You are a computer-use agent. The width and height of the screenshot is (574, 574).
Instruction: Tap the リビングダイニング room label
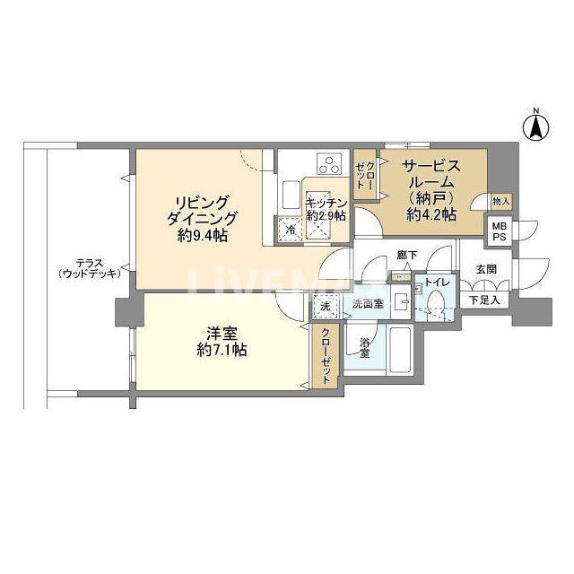click(202, 210)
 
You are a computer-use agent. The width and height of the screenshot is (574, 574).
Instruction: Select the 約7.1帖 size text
click(222, 350)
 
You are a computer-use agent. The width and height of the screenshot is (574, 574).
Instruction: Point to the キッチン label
click(326, 203)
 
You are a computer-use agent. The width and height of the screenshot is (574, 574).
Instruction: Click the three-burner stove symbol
click(329, 163)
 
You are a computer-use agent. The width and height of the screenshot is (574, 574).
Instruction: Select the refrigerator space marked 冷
click(290, 230)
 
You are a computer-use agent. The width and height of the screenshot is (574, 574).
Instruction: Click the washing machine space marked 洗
click(326, 306)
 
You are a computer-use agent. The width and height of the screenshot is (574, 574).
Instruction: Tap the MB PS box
click(499, 231)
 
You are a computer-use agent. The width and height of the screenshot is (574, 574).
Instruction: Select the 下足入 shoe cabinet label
click(484, 300)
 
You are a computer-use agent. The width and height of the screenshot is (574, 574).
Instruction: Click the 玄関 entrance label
click(486, 269)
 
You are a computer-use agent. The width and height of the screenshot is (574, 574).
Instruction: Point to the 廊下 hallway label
click(407, 255)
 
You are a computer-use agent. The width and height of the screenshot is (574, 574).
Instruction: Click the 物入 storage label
click(500, 201)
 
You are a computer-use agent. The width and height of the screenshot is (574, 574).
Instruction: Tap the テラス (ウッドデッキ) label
click(90, 269)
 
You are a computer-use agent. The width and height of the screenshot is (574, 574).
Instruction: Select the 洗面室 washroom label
click(368, 303)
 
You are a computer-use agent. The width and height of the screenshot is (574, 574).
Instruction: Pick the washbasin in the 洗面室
click(402, 302)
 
